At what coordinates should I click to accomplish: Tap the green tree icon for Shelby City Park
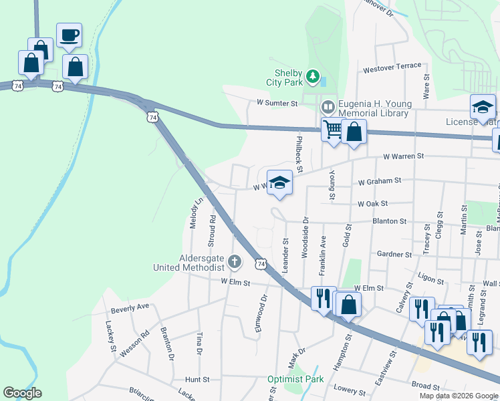point(312,78)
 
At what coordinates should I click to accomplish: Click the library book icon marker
point(328,106)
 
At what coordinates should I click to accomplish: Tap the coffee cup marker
point(69,36)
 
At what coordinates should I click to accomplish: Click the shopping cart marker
point(332,129)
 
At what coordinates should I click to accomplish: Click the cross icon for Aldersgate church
point(234,262)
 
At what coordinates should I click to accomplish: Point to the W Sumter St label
point(277,103)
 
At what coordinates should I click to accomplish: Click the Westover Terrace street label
point(392,68)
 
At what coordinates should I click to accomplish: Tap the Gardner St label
point(394,255)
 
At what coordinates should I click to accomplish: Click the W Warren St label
point(404,156)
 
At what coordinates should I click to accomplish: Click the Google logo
point(23,393)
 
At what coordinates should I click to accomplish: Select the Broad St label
point(425,386)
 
